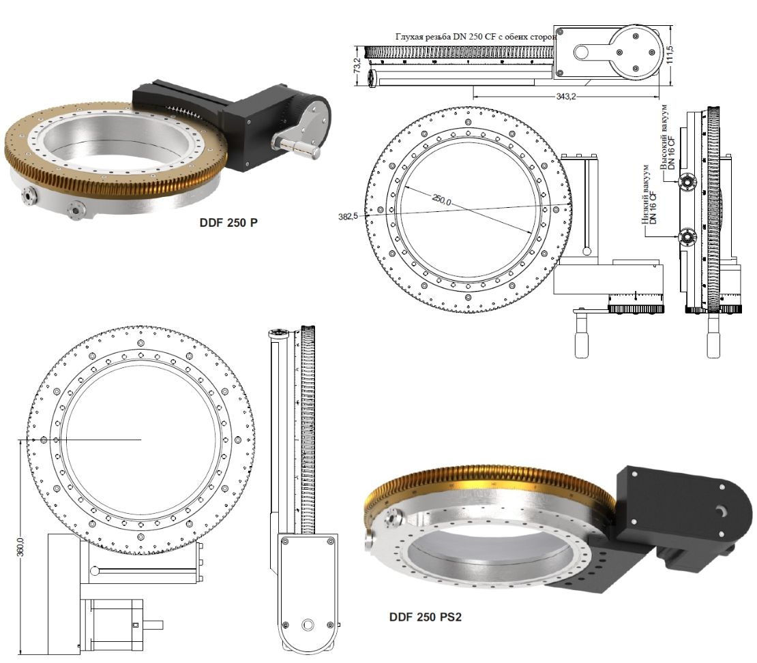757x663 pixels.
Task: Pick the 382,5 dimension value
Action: pyautogui.click(x=347, y=216)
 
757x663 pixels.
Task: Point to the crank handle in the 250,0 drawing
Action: pyautogui.click(x=584, y=337)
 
